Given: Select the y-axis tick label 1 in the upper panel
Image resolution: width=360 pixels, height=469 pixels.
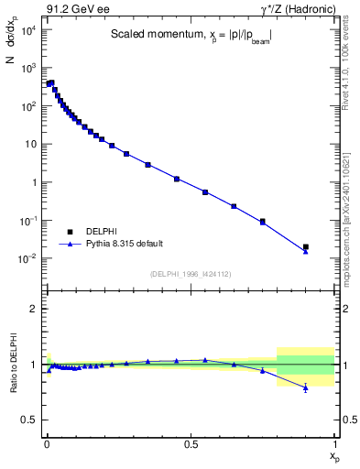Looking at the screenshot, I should [34, 182].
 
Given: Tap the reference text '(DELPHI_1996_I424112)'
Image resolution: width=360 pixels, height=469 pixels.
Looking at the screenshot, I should [190, 273].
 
